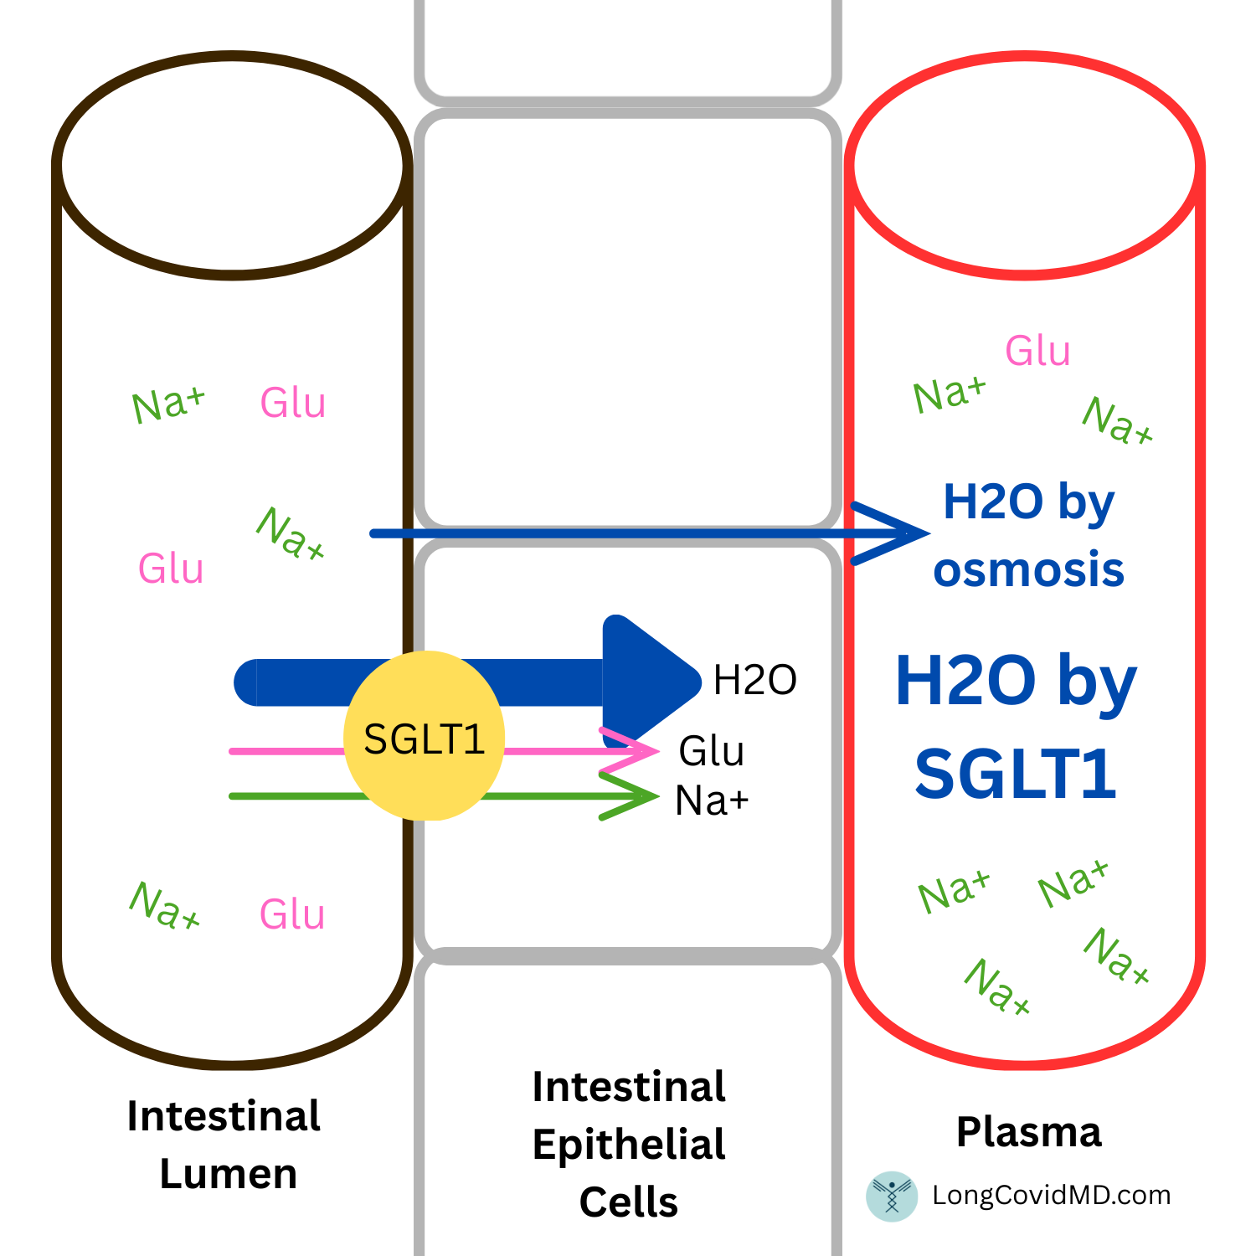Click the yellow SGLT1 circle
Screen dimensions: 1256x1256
pyautogui.click(x=425, y=735)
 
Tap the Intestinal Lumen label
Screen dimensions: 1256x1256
pyautogui.click(x=224, y=1145)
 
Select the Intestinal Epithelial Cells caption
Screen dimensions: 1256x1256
pyautogui.click(x=629, y=1145)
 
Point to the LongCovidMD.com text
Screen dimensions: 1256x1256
pyautogui.click(x=1052, y=1195)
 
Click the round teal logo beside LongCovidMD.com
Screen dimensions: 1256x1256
pyautogui.click(x=892, y=1196)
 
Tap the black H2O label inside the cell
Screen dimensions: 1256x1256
pyautogui.click(x=754, y=680)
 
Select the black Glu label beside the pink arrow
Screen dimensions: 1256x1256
pyautogui.click(x=711, y=751)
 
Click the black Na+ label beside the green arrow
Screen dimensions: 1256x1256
pyautogui.click(x=712, y=800)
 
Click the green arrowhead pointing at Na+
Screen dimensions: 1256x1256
pyautogui.click(x=631, y=796)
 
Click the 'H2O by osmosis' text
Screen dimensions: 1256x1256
pyautogui.click(x=1029, y=536)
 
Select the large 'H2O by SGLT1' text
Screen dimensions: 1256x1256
pyautogui.click(x=1016, y=727)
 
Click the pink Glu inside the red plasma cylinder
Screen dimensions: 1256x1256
pyautogui.click(x=1037, y=351)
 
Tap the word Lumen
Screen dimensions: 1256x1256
pyautogui.click(x=229, y=1174)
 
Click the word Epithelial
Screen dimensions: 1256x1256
pyautogui.click(x=629, y=1145)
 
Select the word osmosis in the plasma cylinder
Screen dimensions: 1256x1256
pyautogui.click(x=1029, y=570)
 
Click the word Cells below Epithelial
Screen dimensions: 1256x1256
pyautogui.click(x=629, y=1202)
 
